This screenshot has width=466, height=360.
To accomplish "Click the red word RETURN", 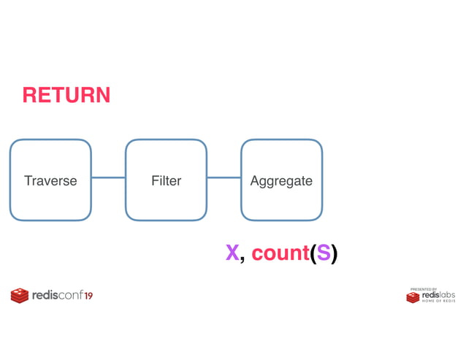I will [66, 95].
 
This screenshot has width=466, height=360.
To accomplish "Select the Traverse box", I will [50, 180].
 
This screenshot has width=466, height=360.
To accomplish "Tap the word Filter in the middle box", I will [166, 181].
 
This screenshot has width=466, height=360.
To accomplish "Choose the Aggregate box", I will [281, 180].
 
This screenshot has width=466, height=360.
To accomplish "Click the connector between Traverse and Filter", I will [108, 177].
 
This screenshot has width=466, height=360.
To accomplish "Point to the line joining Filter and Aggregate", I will [224, 177].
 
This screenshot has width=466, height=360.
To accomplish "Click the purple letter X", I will [232, 253].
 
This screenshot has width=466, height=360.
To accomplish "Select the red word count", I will [280, 253].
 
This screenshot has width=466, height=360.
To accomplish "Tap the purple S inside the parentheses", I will [323, 253].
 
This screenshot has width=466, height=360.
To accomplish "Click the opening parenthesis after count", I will [313, 253].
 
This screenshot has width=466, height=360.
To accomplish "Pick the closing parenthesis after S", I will [334, 253].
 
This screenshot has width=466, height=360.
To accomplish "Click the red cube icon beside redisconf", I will [20, 296].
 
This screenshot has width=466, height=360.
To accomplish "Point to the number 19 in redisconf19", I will [88, 296].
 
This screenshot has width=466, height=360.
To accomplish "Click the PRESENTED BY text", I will [424, 289].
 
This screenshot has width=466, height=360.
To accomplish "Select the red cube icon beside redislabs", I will [413, 297].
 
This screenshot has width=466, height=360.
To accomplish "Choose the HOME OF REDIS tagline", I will [438, 301].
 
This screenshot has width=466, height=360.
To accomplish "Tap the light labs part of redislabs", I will [447, 295].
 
